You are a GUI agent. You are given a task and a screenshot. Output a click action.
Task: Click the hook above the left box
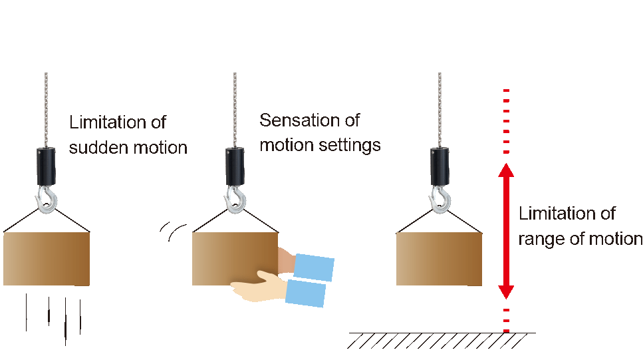point(47,199)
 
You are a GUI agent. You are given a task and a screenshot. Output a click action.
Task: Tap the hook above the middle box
point(235,199)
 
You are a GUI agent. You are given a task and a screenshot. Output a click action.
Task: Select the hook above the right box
point(440,199)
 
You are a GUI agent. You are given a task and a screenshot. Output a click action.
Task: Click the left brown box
point(47,259)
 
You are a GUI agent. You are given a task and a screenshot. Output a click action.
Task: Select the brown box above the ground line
point(439,259)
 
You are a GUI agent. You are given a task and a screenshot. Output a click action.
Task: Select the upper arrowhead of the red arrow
point(507,170)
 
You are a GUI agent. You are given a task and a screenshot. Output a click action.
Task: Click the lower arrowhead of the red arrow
point(507,290)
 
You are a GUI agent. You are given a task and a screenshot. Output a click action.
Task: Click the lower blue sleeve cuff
point(306,293)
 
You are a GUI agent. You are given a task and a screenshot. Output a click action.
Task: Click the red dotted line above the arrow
point(507,120)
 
